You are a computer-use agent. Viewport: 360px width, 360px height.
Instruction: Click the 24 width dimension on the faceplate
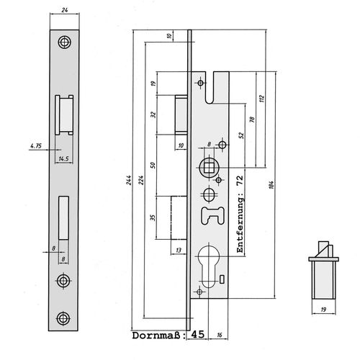coord(65,10)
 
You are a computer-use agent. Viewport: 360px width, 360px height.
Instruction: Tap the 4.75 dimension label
coord(36,145)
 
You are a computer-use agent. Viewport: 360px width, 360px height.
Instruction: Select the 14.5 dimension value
coord(63,158)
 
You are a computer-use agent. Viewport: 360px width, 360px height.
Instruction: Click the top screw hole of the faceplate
coord(64,42)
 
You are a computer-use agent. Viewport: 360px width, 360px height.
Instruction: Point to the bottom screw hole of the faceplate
coord(63,318)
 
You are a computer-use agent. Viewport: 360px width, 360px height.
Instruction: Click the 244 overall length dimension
coord(129,180)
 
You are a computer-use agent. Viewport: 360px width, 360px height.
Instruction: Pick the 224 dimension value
coord(141,180)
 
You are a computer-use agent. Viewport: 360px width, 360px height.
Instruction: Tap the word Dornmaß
coord(156,336)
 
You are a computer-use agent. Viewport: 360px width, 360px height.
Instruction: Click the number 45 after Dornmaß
coord(198,334)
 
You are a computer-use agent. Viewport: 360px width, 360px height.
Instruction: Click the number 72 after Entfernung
coord(240,180)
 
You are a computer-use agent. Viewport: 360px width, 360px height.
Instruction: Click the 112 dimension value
coord(261,99)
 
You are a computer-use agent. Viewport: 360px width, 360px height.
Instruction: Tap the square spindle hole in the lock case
coord(209,168)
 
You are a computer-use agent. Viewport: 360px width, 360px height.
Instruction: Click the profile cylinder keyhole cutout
coord(208,266)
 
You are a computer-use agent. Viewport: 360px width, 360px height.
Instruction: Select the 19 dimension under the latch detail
coord(323,310)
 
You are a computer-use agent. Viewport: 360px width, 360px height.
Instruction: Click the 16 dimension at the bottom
coord(220,335)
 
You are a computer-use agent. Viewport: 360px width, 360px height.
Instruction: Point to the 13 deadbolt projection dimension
coord(179,251)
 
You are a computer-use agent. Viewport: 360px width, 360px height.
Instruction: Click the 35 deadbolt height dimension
coord(153,217)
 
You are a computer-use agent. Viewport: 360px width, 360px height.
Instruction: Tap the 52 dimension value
coord(241,135)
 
